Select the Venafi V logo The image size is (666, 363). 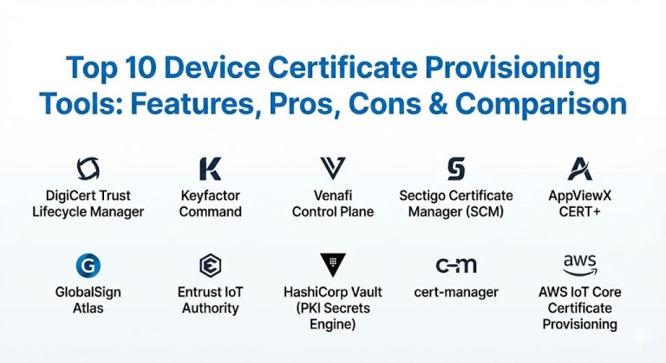(332, 168)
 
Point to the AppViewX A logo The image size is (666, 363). (579, 168)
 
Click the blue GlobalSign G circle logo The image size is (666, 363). (88, 265)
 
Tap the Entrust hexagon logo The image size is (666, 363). (210, 265)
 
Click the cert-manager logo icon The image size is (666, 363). (455, 265)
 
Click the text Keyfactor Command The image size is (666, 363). (211, 204)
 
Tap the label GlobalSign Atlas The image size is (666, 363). (88, 300)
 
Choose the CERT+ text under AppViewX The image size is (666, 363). (579, 211)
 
